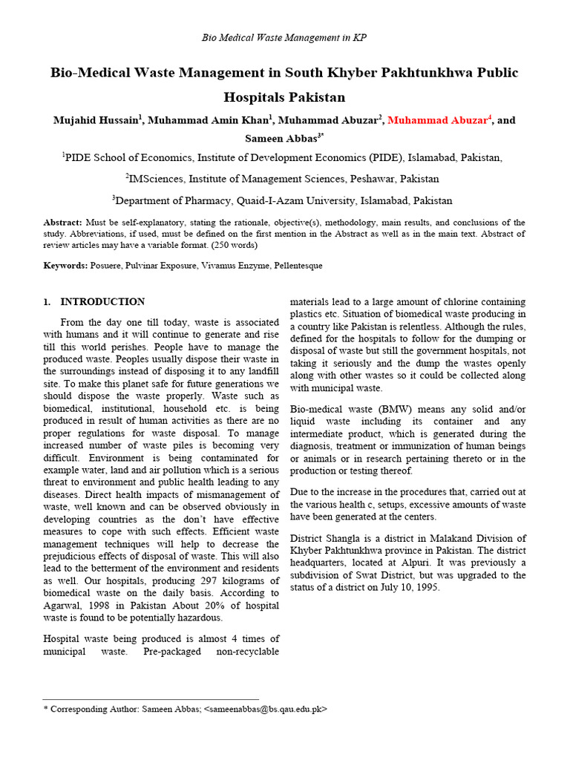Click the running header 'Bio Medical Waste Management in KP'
[x=284, y=38]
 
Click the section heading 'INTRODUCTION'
[x=102, y=302]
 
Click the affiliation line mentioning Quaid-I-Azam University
[x=282, y=200]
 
